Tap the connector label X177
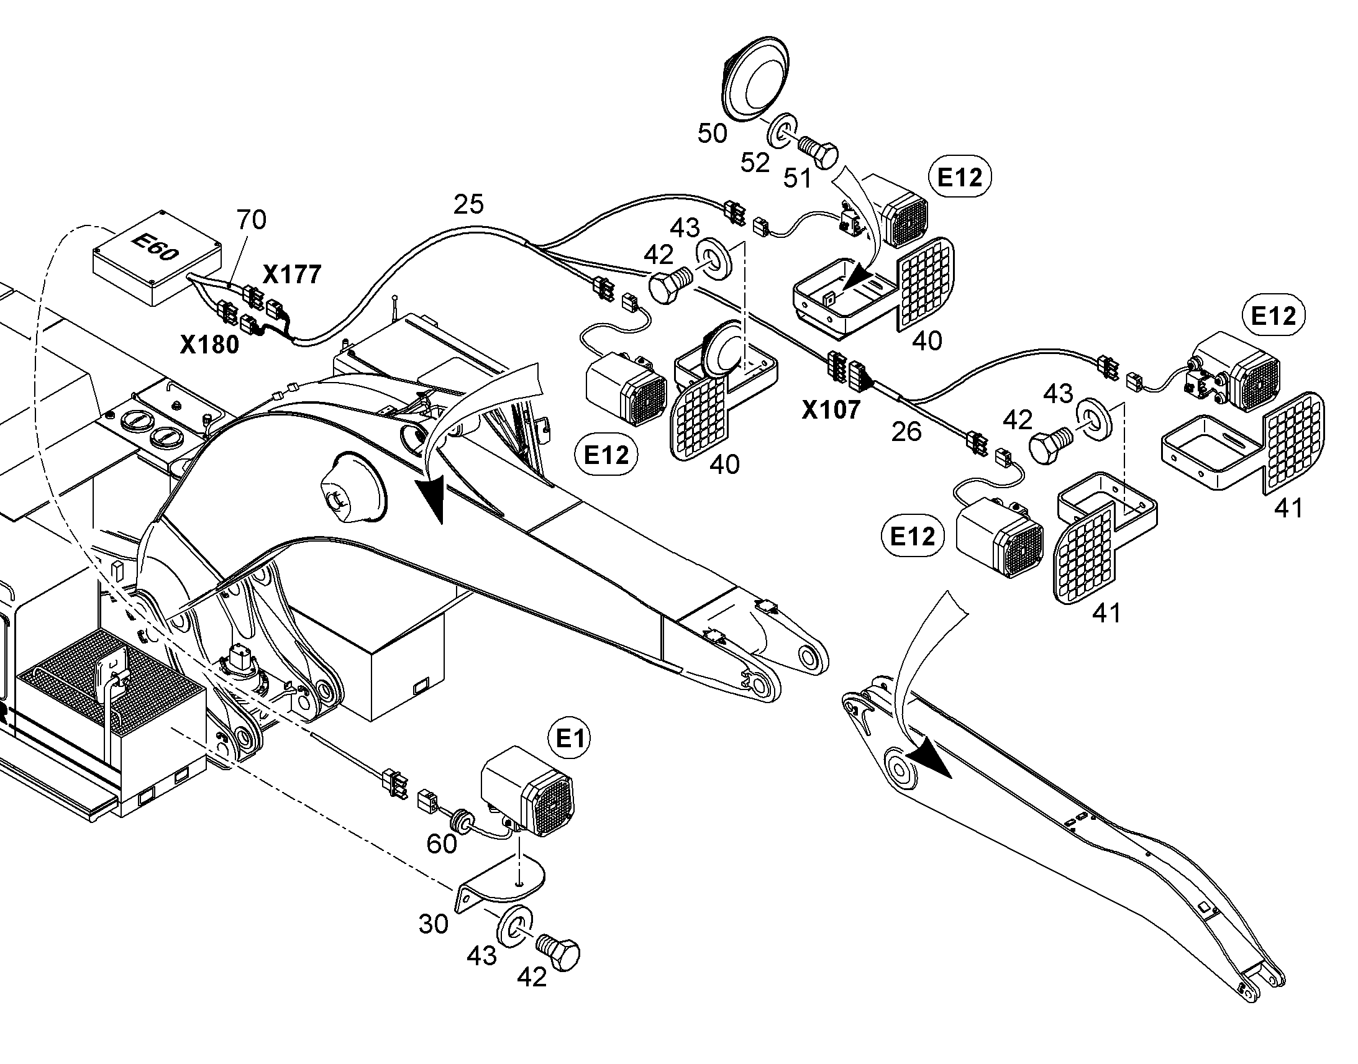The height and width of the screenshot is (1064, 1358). coord(292,274)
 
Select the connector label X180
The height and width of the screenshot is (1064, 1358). coord(209,345)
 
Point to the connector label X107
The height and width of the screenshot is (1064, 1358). coord(831,410)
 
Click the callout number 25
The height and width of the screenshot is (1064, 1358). coord(468,204)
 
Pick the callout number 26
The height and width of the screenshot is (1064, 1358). coord(906,431)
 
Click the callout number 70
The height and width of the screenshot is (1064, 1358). coord(251,219)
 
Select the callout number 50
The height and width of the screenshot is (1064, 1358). coord(712,134)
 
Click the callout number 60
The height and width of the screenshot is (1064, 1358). coord(442,844)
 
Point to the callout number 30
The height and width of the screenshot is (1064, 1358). coord(433,924)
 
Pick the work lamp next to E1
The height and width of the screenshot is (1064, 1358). coord(528,790)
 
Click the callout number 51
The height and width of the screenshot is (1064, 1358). coord(797,179)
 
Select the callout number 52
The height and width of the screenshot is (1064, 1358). coord(755,163)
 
